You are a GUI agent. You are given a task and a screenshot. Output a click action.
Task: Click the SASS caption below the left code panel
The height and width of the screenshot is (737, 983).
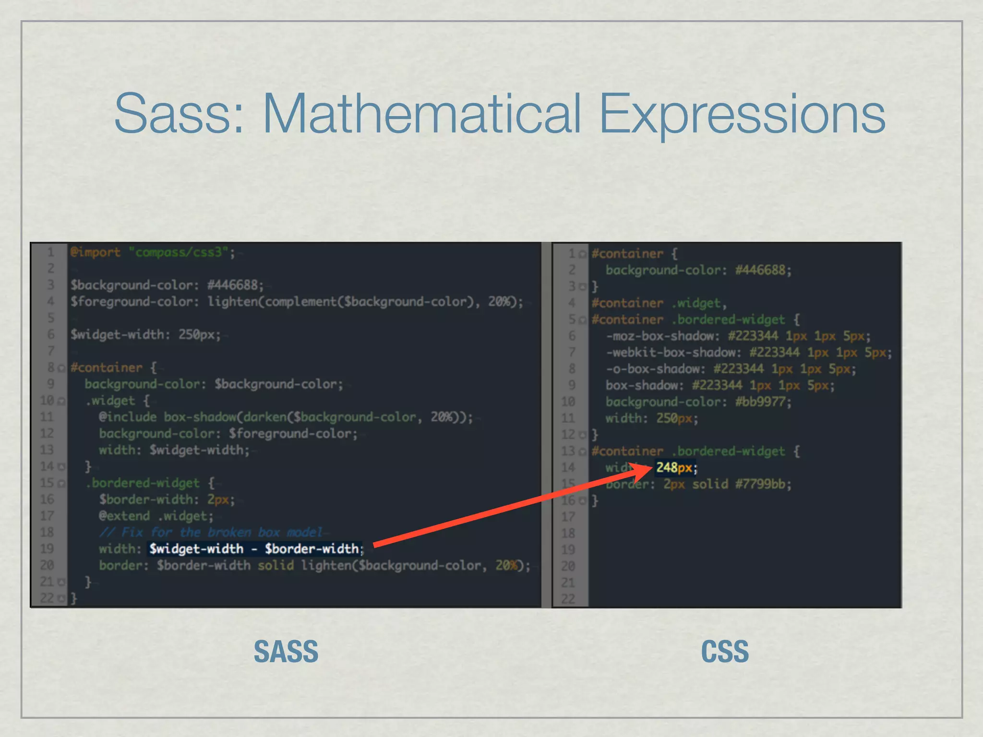click(286, 651)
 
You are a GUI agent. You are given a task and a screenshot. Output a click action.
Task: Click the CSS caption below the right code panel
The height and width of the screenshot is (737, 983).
click(725, 651)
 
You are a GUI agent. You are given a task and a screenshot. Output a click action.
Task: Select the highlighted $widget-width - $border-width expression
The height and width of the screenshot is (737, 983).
click(254, 548)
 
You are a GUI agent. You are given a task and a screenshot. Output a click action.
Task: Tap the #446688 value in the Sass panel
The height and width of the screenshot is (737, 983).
click(235, 285)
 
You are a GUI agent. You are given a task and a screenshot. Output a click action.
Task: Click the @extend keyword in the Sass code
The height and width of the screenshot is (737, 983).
click(124, 516)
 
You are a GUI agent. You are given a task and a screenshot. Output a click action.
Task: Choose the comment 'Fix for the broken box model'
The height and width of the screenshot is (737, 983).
click(211, 532)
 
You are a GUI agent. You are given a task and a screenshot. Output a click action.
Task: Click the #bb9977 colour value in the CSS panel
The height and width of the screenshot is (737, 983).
click(762, 402)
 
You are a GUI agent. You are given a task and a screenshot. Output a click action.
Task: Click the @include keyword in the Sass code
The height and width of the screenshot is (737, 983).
click(127, 417)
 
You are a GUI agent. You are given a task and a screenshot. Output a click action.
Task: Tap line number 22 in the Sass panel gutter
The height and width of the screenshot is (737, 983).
click(47, 598)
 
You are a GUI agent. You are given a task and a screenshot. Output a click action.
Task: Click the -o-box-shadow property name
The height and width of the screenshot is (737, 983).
click(655, 369)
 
